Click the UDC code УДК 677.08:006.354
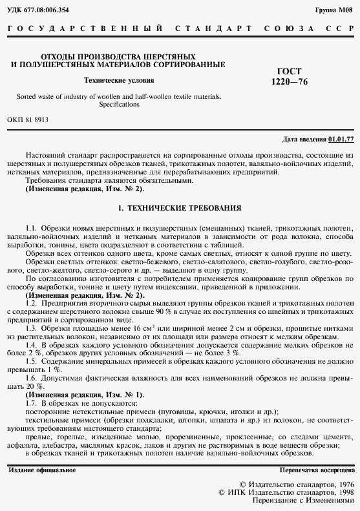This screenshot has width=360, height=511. pos(38,10)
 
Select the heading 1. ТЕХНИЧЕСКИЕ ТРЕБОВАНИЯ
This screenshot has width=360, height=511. pos(180,209)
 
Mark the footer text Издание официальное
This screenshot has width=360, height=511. pos(42,470)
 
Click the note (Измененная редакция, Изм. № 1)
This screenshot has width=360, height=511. pos(84,394)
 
